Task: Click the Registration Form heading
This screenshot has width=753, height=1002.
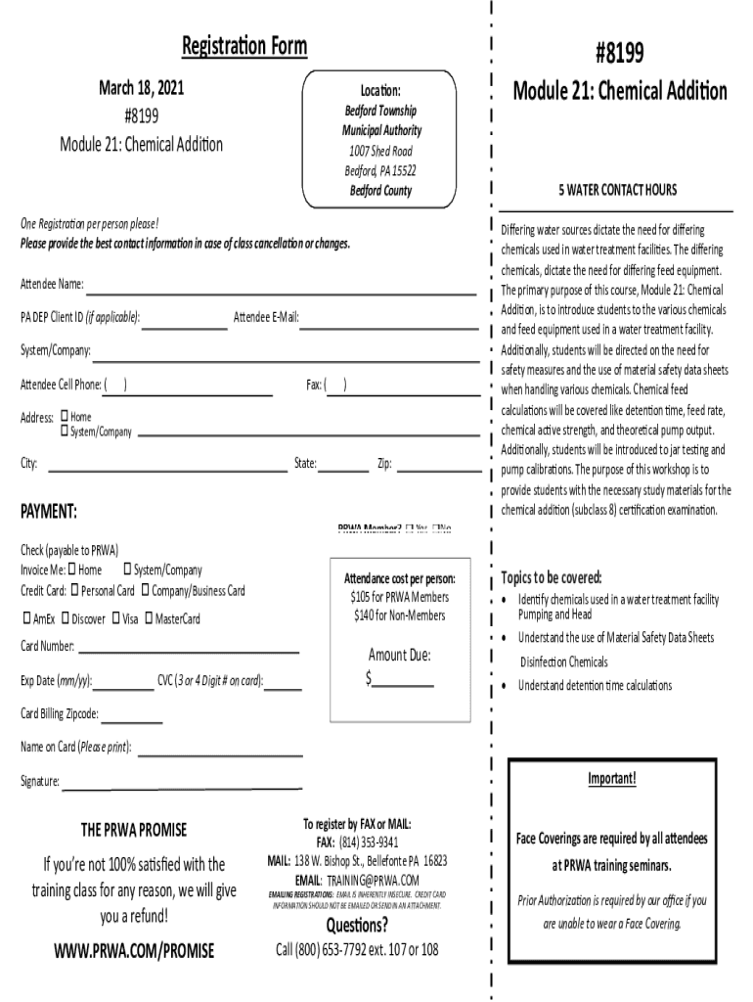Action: pyautogui.click(x=244, y=46)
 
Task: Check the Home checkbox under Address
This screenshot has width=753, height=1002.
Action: pyautogui.click(x=65, y=417)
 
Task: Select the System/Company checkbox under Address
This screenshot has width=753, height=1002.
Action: pyautogui.click(x=65, y=432)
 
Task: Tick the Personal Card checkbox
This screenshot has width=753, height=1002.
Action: pyautogui.click(x=74, y=590)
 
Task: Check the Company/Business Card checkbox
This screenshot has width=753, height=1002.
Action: pyautogui.click(x=145, y=590)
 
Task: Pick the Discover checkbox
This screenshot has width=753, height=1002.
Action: pyautogui.click(x=65, y=618)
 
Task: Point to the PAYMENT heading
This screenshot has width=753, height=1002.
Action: pyautogui.click(x=49, y=513)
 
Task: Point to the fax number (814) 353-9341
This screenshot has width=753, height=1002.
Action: pyautogui.click(x=370, y=843)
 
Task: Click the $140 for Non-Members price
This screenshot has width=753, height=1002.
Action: pyautogui.click(x=399, y=615)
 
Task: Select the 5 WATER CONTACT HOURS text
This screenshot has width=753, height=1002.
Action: pyautogui.click(x=617, y=190)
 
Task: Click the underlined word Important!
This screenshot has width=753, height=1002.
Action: pyautogui.click(x=612, y=779)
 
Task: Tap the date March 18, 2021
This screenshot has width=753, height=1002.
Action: pyautogui.click(x=141, y=90)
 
